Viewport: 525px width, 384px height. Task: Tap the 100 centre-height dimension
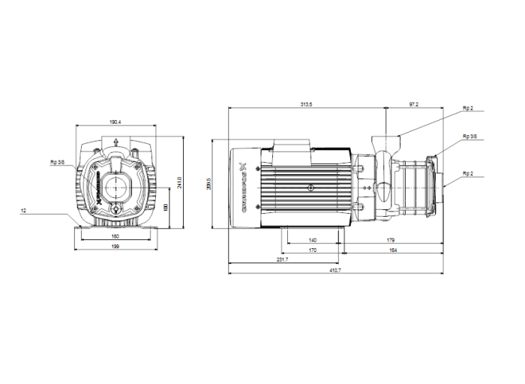(x=166, y=206)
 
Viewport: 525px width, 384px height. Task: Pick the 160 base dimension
(x=115, y=235)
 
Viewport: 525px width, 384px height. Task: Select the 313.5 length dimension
(x=306, y=105)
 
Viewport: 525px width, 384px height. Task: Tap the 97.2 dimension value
(x=413, y=105)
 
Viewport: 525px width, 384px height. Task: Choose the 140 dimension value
(x=312, y=240)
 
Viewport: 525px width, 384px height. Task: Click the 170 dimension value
(x=312, y=250)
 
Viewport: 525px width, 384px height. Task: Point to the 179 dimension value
(x=391, y=240)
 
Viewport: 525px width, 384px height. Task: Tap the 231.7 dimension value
(x=282, y=259)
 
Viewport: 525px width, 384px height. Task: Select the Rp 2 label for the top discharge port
(x=468, y=108)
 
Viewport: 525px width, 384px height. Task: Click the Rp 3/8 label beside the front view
(x=57, y=161)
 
